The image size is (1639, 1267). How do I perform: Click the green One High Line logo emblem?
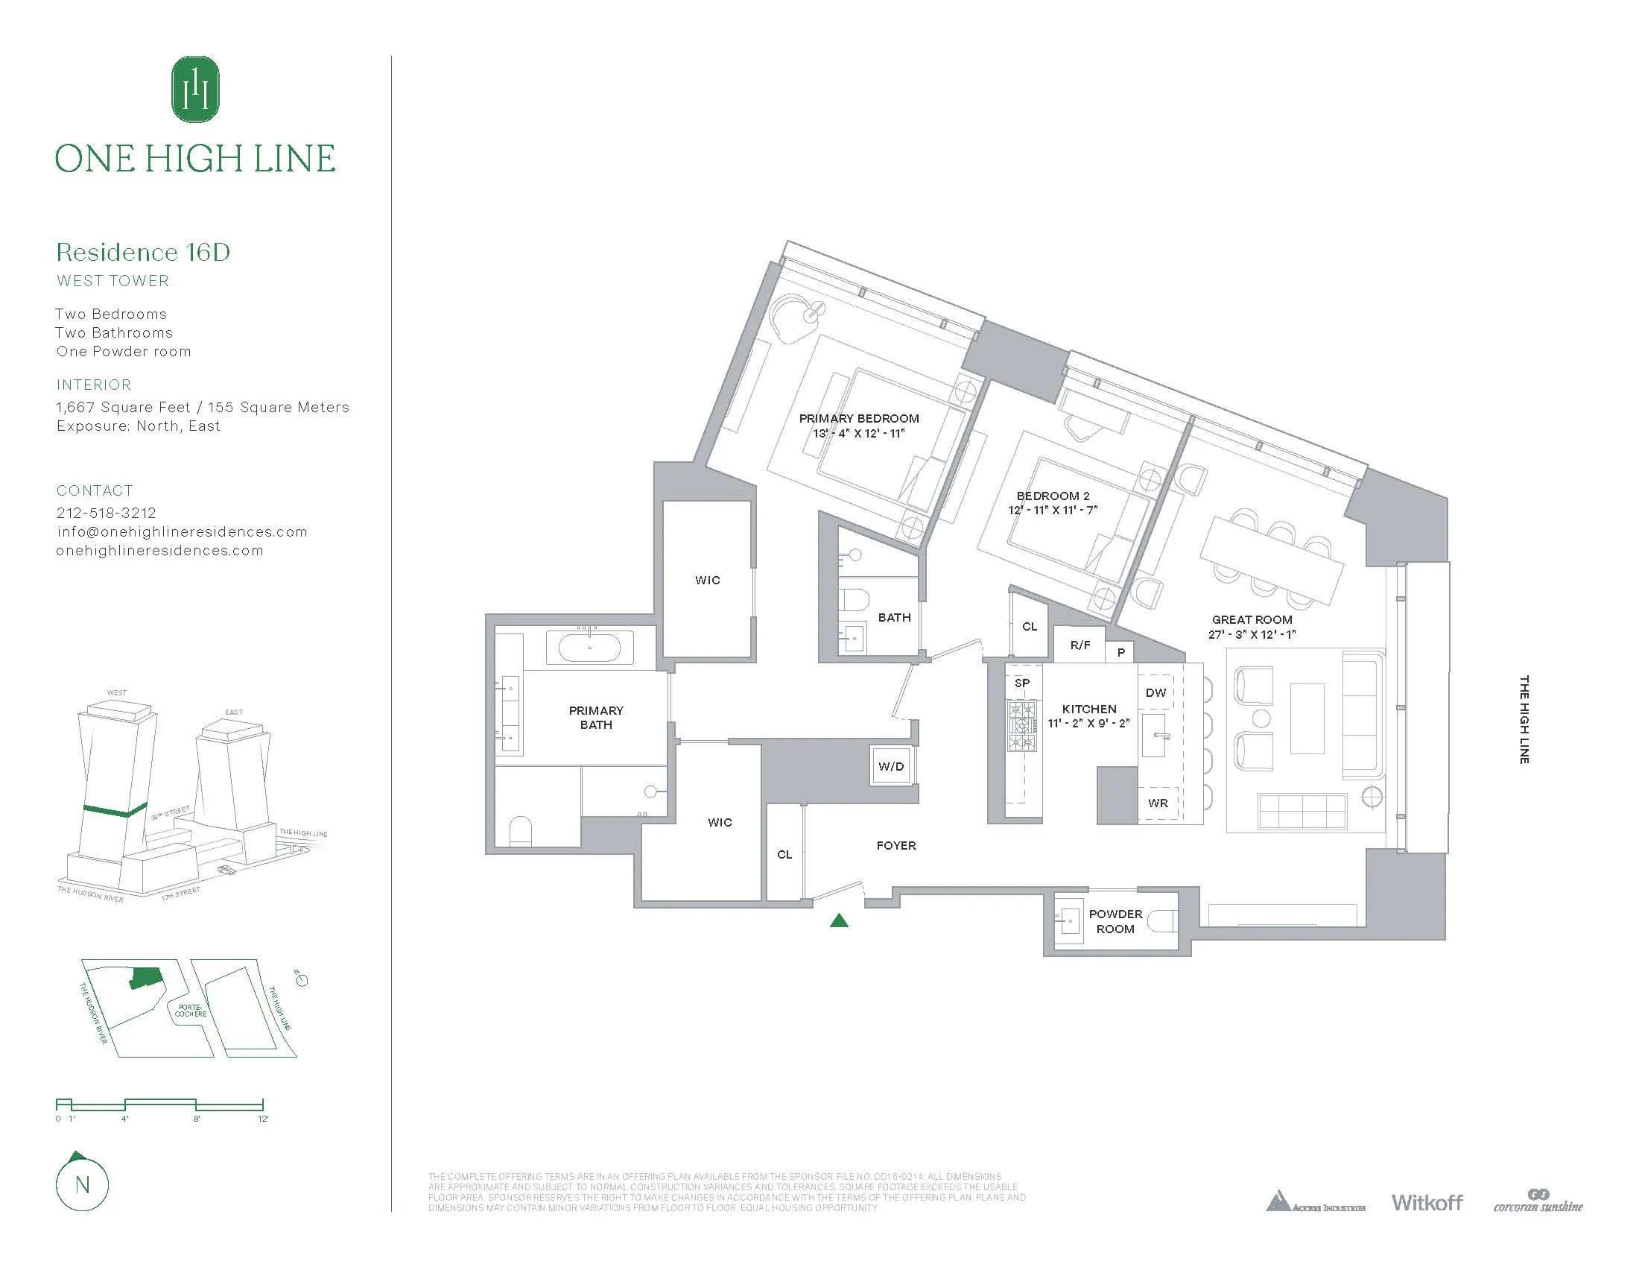195,89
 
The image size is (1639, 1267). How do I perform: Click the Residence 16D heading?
142,252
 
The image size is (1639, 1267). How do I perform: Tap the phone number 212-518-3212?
106,513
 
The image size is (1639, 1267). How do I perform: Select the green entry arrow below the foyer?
839,920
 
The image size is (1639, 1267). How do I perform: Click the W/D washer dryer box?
891,766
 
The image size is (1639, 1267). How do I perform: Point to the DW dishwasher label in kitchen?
1155,692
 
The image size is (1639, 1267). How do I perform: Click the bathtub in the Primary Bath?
590,647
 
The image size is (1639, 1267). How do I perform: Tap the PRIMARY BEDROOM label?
858,418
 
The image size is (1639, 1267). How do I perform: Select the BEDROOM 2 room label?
1052,496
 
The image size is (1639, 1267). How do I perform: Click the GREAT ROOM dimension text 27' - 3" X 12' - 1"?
1252,634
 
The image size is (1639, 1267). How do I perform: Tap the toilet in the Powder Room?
1162,920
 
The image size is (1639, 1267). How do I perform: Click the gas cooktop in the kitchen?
1021,726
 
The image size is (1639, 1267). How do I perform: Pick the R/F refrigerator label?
1080,645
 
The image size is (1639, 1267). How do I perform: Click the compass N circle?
83,1184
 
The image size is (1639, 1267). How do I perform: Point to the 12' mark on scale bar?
263,1119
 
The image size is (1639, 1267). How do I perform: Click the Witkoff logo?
1427,1202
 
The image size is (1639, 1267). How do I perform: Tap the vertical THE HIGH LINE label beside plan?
1524,720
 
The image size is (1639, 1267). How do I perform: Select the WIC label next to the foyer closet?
719,822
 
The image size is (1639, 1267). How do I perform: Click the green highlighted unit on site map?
145,978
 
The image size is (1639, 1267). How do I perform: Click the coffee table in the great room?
1307,718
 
